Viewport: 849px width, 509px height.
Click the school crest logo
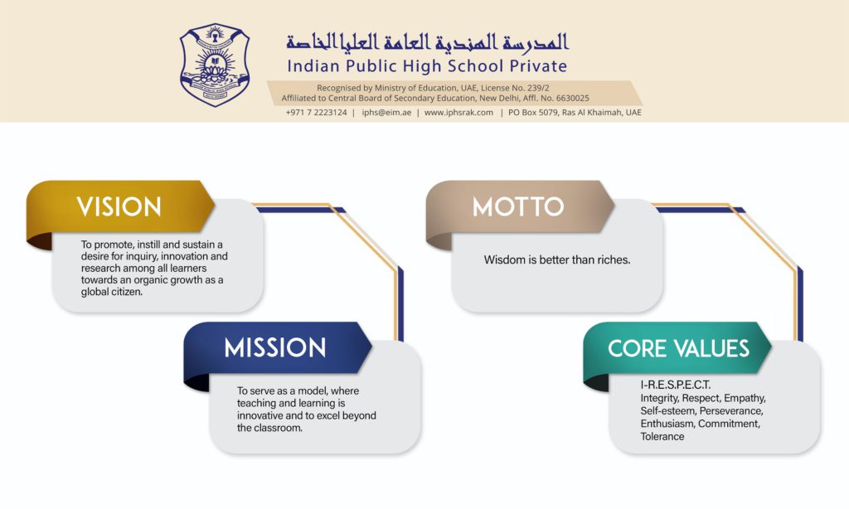click(215, 65)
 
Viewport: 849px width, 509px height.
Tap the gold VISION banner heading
click(119, 207)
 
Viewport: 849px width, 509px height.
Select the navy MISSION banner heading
click(275, 347)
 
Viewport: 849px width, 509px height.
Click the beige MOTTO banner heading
click(518, 207)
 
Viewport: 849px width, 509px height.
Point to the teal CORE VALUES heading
click(678, 348)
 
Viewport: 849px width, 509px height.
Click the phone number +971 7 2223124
click(316, 113)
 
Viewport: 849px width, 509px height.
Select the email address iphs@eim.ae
click(386, 113)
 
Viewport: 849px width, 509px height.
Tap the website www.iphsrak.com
click(458, 113)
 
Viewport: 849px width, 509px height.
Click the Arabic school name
click(427, 41)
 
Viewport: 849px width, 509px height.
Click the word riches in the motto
click(613, 260)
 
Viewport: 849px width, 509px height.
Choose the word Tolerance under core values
click(662, 436)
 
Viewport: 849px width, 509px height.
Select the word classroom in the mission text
click(279, 429)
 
